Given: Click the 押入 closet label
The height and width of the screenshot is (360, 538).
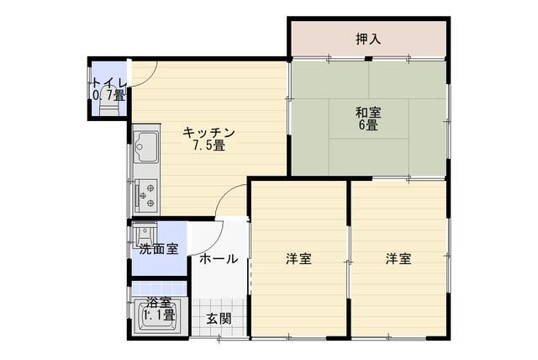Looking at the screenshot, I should pyautogui.click(x=367, y=39).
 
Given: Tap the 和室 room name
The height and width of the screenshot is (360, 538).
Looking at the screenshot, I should pyautogui.click(x=367, y=111).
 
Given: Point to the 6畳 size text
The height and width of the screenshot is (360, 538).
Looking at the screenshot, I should pyautogui.click(x=367, y=125).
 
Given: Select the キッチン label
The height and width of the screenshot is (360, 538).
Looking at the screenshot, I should pyautogui.click(x=208, y=132).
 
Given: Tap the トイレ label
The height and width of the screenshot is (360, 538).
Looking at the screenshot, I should pyautogui.click(x=109, y=82).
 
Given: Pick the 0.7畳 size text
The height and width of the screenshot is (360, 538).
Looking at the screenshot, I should pyautogui.click(x=108, y=95).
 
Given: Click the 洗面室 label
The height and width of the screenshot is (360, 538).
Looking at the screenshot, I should pyautogui.click(x=158, y=249).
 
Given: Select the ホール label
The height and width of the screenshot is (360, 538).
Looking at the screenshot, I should pyautogui.click(x=219, y=259).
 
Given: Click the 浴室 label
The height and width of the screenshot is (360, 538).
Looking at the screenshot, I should pyautogui.click(x=158, y=303).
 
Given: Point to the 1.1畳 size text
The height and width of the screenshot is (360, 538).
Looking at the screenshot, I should pyautogui.click(x=158, y=315).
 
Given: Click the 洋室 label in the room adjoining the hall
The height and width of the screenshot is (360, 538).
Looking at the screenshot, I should pyautogui.click(x=298, y=259).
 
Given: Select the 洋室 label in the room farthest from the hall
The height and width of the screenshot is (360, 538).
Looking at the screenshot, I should pyautogui.click(x=398, y=259).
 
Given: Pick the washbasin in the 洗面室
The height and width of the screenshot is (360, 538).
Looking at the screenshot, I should pyautogui.click(x=145, y=232).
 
